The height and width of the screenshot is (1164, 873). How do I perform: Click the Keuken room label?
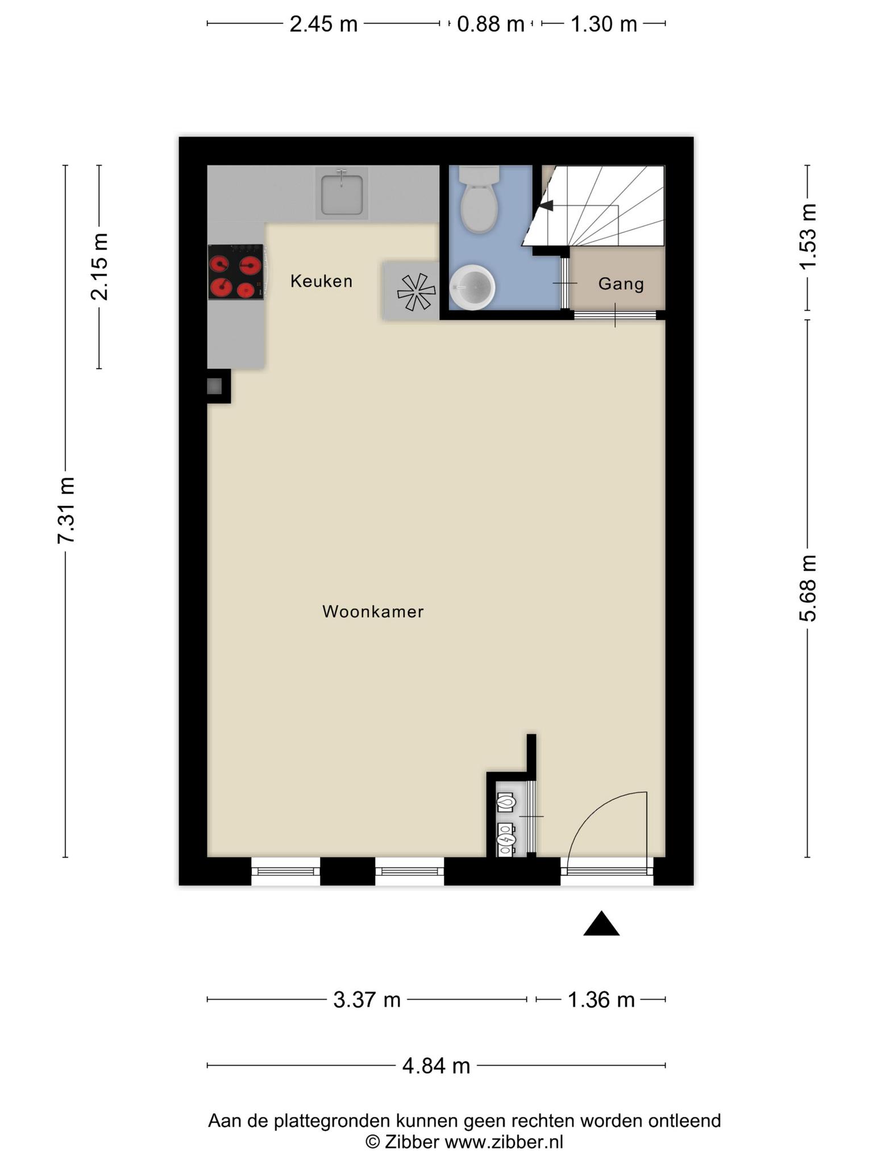pyautogui.click(x=321, y=281)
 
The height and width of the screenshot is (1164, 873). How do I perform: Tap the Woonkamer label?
pyautogui.click(x=373, y=612)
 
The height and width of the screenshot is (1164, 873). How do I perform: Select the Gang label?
pyautogui.click(x=621, y=284)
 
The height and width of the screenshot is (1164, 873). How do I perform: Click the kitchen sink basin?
pyautogui.click(x=342, y=194)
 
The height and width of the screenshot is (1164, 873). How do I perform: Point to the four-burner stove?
pyautogui.click(x=236, y=272)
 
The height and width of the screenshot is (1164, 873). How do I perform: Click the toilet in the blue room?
pyautogui.click(x=479, y=199)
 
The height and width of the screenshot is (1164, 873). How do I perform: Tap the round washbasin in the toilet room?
pyautogui.click(x=472, y=287)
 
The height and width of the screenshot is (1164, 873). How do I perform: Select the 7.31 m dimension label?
pyautogui.click(x=66, y=510)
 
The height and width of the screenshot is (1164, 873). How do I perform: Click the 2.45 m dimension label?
pyautogui.click(x=323, y=24)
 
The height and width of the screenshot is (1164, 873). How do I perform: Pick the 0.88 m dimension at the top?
pyautogui.click(x=490, y=24)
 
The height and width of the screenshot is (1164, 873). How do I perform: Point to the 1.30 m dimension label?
pyautogui.click(x=604, y=24)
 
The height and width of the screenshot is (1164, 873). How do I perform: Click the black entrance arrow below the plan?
pyautogui.click(x=601, y=924)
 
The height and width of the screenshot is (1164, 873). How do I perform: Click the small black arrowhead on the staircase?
pyautogui.click(x=546, y=205)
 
